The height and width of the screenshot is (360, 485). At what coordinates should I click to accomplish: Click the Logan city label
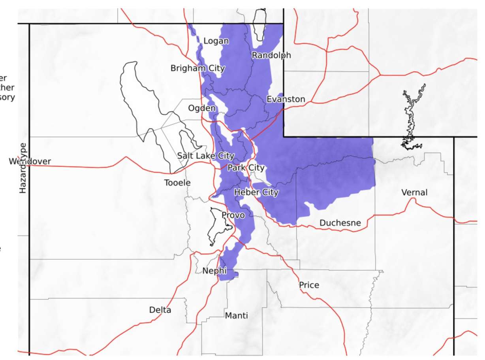click(216, 41)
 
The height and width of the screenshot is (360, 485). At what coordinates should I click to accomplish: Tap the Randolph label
click(271, 55)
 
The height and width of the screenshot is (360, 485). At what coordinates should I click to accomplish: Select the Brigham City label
click(197, 68)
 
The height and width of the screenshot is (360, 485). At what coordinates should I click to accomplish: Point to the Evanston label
click(286, 99)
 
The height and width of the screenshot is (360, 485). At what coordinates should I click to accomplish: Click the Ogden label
click(202, 108)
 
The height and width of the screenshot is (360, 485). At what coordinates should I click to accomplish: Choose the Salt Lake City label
click(206, 156)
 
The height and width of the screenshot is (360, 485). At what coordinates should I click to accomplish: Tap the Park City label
click(246, 168)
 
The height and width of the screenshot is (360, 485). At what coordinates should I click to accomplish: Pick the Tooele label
click(178, 183)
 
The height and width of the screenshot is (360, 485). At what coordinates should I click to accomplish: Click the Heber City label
click(256, 192)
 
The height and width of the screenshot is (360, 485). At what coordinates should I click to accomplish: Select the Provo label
click(233, 215)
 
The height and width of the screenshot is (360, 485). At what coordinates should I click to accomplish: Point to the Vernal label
click(414, 192)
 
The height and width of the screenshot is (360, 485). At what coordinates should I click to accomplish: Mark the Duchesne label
click(340, 223)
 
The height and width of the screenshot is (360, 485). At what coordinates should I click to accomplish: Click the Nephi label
click(214, 271)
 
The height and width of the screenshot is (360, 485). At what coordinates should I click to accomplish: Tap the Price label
click(309, 285)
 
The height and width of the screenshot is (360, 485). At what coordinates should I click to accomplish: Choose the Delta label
click(160, 310)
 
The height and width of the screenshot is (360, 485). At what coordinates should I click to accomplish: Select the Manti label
click(237, 315)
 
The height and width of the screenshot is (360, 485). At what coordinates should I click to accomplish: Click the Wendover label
click(30, 161)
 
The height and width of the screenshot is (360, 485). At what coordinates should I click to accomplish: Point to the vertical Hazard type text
click(23, 168)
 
